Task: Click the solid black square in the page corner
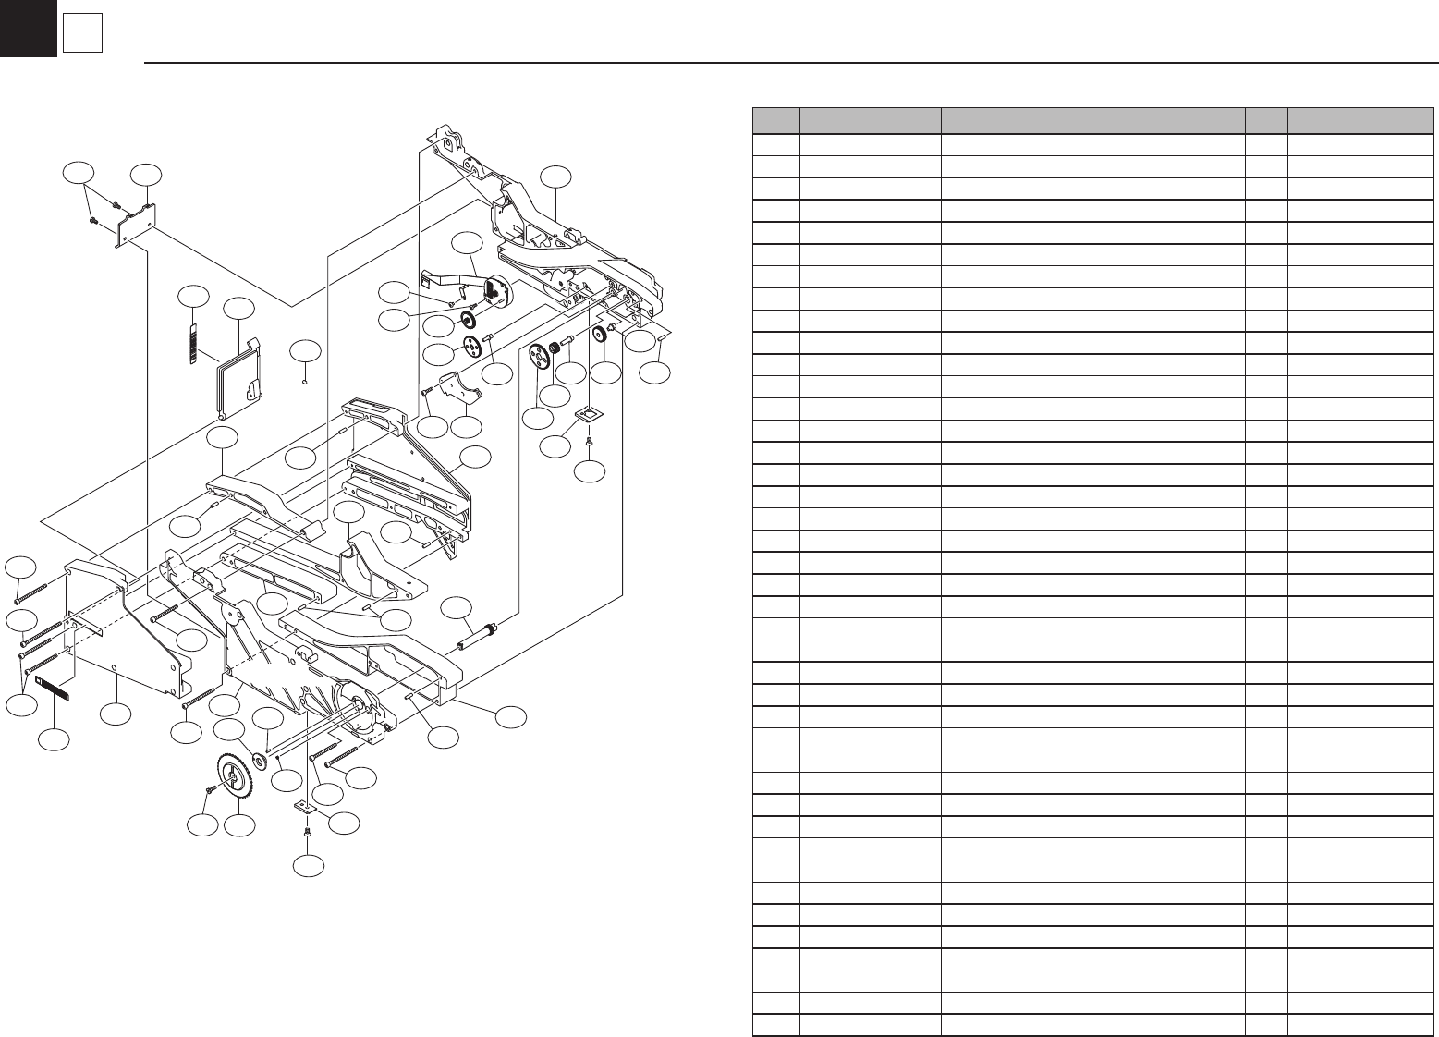point(28,28)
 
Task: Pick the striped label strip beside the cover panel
point(194,344)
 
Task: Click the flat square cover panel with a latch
point(240,379)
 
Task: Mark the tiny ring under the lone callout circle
point(306,377)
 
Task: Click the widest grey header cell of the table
point(1091,121)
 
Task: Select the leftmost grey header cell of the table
point(775,121)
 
